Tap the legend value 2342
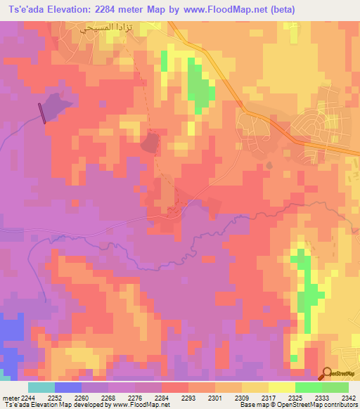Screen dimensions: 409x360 point(348,398)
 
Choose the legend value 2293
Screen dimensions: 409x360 point(188,398)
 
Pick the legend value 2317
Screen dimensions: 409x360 point(269,398)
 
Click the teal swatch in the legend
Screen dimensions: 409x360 point(41,387)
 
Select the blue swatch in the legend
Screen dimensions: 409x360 point(67,387)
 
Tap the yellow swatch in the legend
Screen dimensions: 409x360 point(282,387)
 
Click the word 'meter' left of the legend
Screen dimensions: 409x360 point(9,398)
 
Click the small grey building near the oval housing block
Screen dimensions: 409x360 point(269,164)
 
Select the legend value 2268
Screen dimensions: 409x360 point(108,398)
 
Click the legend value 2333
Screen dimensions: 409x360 point(322,398)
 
